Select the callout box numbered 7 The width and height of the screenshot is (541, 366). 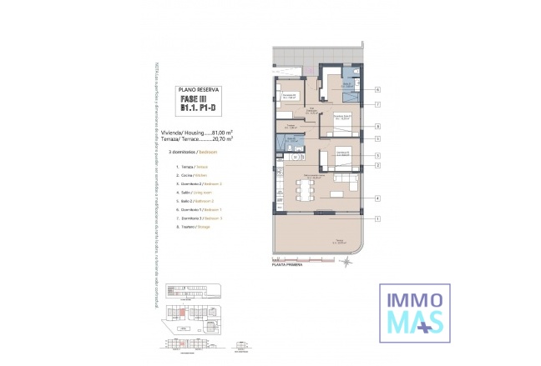[377, 105]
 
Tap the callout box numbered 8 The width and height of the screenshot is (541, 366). [377, 127]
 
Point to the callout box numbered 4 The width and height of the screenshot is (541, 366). [377, 198]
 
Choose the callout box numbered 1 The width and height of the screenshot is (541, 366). [377, 218]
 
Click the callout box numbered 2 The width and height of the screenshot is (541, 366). [377, 166]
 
